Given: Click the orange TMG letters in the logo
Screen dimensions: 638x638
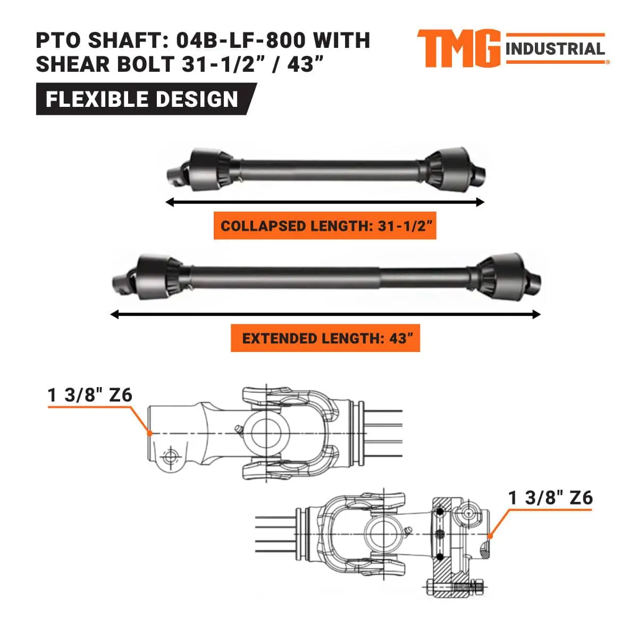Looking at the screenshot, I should click(458, 48).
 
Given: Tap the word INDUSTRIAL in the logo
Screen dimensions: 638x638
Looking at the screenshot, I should click(555, 49).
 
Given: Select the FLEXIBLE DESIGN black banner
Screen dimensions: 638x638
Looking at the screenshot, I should click(142, 99).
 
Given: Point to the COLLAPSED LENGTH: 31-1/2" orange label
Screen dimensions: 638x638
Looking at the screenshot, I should click(325, 226).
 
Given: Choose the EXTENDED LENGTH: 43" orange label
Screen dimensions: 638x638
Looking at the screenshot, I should click(325, 338).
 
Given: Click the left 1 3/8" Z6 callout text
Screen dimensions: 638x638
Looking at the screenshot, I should click(90, 396).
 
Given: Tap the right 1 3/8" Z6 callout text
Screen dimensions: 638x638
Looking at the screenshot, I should click(550, 498).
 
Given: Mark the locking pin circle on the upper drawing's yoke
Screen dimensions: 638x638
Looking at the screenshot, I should click(170, 457).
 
